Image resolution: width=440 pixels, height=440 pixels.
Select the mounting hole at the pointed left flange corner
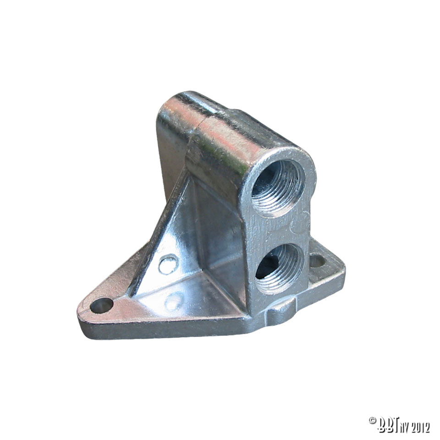102,304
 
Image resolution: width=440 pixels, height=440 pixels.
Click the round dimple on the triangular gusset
168,264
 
